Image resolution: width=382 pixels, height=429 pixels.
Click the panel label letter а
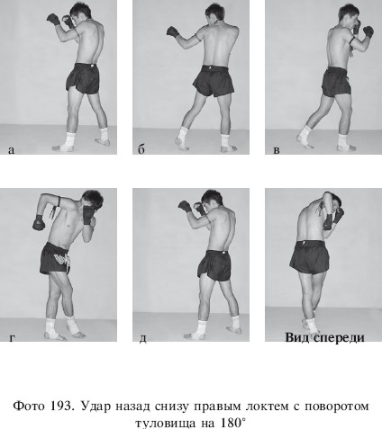tap(11, 150)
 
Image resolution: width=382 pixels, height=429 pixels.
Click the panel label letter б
tap(141, 149)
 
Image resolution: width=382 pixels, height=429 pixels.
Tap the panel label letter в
tap(277, 150)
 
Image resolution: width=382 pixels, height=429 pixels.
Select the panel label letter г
tap(12, 337)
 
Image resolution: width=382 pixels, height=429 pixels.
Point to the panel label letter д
tap(143, 338)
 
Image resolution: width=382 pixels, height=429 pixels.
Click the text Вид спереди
tap(324, 338)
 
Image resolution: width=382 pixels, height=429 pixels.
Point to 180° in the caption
tap(233, 424)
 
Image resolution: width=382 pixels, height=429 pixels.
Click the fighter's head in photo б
tap(214, 13)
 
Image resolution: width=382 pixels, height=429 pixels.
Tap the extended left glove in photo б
tap(173, 31)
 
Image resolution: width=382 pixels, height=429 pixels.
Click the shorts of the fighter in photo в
tap(336, 82)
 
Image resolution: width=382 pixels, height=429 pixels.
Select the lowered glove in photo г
tap(39, 222)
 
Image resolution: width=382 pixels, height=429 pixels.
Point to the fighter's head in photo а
tap(80, 13)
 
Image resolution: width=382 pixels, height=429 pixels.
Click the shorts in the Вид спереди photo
tap(309, 257)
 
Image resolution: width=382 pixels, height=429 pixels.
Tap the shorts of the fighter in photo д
tap(215, 265)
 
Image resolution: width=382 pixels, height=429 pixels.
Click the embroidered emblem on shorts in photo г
tap(63, 260)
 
